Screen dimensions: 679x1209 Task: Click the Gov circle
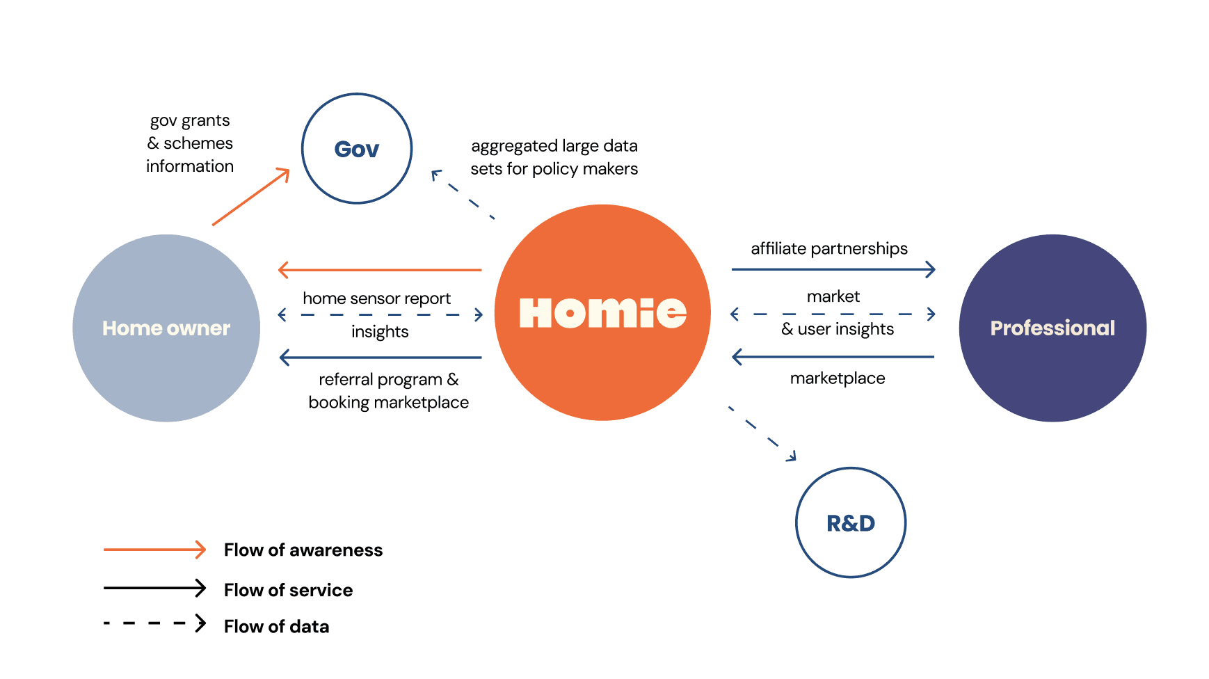click(357, 148)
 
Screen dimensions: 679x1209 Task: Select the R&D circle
click(850, 522)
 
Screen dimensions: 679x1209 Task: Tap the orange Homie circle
click(602, 312)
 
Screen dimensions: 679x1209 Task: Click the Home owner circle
click(166, 328)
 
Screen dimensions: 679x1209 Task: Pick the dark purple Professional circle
click(1052, 328)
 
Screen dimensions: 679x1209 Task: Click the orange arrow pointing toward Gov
click(251, 197)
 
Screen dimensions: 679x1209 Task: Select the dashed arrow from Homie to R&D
click(762, 433)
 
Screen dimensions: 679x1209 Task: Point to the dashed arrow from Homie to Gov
click(463, 195)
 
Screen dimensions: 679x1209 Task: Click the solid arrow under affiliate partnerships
click(833, 269)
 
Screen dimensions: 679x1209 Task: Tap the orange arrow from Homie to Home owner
click(380, 269)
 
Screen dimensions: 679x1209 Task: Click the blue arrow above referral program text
click(380, 358)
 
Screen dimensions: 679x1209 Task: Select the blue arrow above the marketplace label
click(833, 357)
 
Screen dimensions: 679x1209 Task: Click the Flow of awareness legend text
click(303, 550)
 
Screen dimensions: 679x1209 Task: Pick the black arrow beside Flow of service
click(154, 588)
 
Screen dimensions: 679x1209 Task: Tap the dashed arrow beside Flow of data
click(154, 623)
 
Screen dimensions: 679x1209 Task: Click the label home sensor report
click(376, 298)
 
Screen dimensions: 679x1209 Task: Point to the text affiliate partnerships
click(829, 248)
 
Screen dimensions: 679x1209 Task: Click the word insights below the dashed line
click(380, 332)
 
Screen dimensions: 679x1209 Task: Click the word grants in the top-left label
click(205, 120)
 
